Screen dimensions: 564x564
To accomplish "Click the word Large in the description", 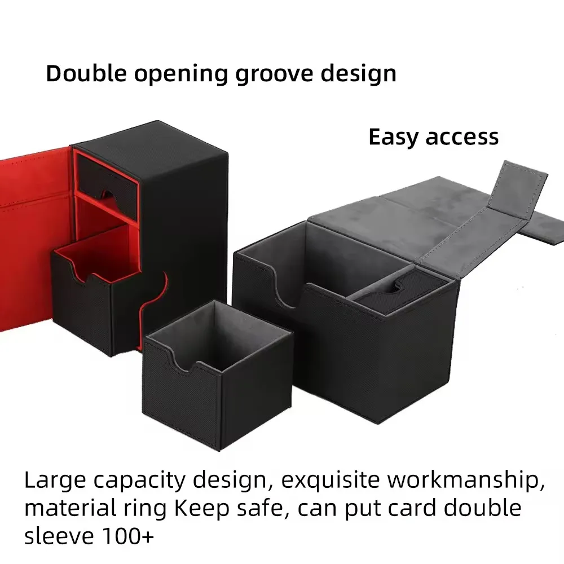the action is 55,481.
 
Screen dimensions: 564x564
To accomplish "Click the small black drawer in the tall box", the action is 107,175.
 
